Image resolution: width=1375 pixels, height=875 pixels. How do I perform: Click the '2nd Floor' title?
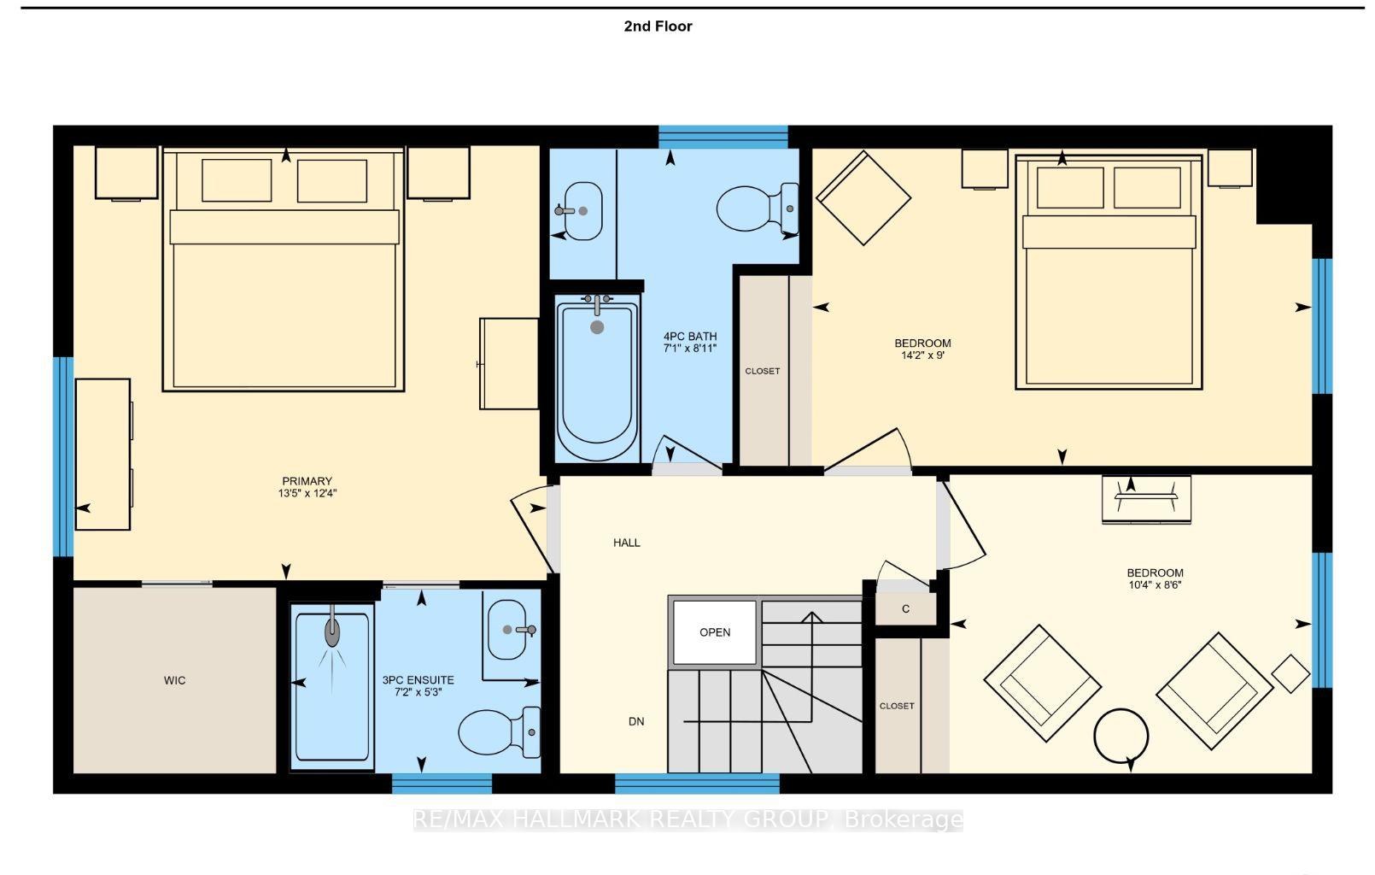pos(658,26)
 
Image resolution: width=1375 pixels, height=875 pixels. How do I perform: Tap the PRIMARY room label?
pos(307,481)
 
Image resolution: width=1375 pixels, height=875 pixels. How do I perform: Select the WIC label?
pos(175,680)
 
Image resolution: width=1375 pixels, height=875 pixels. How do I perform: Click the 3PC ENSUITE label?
pos(418,679)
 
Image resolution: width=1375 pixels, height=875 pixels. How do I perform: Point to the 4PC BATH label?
pos(690,337)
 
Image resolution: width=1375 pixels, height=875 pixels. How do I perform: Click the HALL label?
pos(627,543)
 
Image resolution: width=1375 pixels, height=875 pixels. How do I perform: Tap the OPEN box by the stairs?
pos(715,632)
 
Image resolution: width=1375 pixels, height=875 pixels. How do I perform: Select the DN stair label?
pos(636,721)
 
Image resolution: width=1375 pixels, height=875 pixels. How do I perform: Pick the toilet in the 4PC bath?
pos(758,208)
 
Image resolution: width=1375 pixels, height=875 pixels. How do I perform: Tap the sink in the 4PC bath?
pos(581,210)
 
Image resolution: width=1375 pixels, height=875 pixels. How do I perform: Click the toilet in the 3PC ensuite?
pos(499,732)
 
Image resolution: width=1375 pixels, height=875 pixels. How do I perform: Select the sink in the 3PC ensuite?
pos(508,630)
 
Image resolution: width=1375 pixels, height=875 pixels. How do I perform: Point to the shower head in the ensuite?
pos(332,631)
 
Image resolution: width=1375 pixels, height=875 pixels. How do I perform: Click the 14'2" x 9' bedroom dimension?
pos(922,355)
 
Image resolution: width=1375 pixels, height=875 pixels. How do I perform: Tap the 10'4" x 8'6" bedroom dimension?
pos(1155,584)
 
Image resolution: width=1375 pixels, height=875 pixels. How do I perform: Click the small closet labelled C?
pos(906,609)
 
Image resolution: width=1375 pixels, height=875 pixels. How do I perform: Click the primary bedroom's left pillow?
pos(237,180)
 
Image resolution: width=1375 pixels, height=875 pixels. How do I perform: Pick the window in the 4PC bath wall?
pos(723,137)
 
